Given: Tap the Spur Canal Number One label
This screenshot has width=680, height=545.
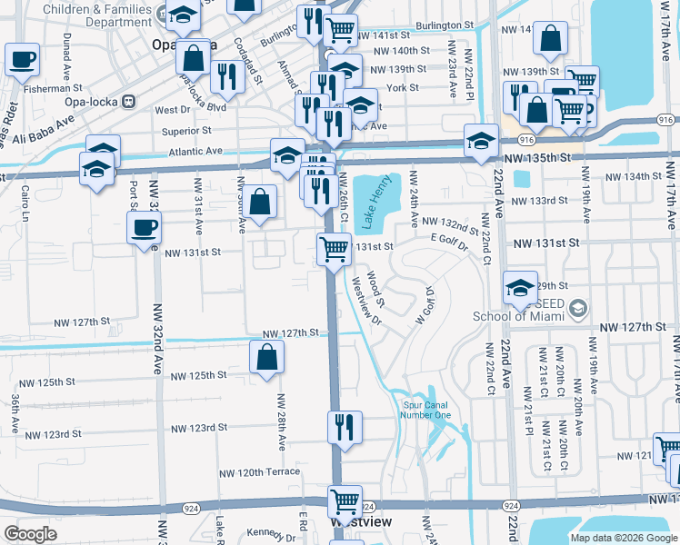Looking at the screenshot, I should (x=426, y=411).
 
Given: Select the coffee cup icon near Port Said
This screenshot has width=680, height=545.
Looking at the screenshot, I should (x=144, y=229).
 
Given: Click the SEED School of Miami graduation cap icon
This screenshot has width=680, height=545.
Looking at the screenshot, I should (x=520, y=289).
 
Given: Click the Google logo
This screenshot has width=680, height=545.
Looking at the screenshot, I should (x=30, y=534).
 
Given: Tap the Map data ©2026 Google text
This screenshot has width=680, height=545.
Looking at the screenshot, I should (x=623, y=538).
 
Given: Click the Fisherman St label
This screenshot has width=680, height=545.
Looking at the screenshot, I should (x=55, y=88).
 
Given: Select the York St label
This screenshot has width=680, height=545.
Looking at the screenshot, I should (x=402, y=88).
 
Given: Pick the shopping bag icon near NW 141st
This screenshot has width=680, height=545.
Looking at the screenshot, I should (x=551, y=39).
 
